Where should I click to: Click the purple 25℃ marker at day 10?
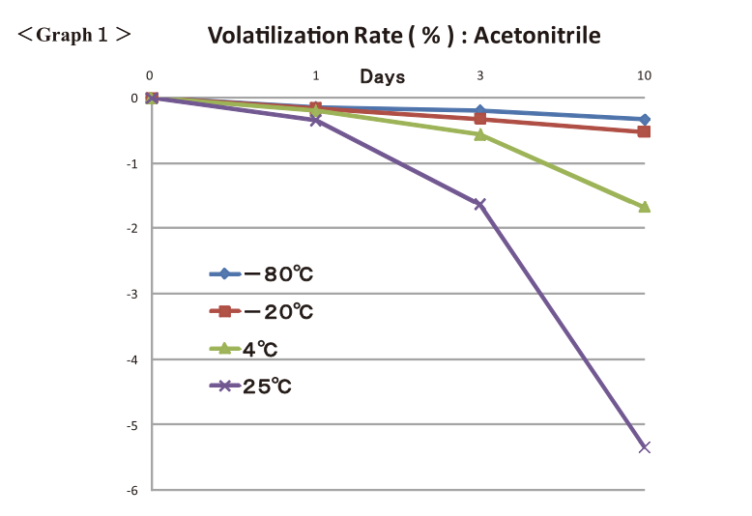(645, 447)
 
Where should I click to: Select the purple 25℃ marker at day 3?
(479, 204)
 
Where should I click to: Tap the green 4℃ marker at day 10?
(645, 207)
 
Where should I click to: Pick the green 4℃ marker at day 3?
(479, 134)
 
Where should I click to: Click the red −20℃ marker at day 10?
(645, 131)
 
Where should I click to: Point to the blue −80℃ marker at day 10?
(645, 119)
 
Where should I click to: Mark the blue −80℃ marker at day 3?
(479, 111)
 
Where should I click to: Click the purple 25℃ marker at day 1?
(316, 121)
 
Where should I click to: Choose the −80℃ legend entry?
(261, 274)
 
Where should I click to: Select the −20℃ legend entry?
(261, 311)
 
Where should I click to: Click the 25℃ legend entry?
(250, 386)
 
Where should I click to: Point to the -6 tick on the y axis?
(134, 491)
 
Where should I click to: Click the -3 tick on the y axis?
(134, 294)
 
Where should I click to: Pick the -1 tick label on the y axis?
(134, 163)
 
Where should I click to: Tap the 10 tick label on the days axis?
(644, 75)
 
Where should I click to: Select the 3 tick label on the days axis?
(480, 75)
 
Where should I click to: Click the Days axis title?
(383, 76)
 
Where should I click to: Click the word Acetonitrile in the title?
(536, 36)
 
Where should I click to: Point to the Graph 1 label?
(74, 35)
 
